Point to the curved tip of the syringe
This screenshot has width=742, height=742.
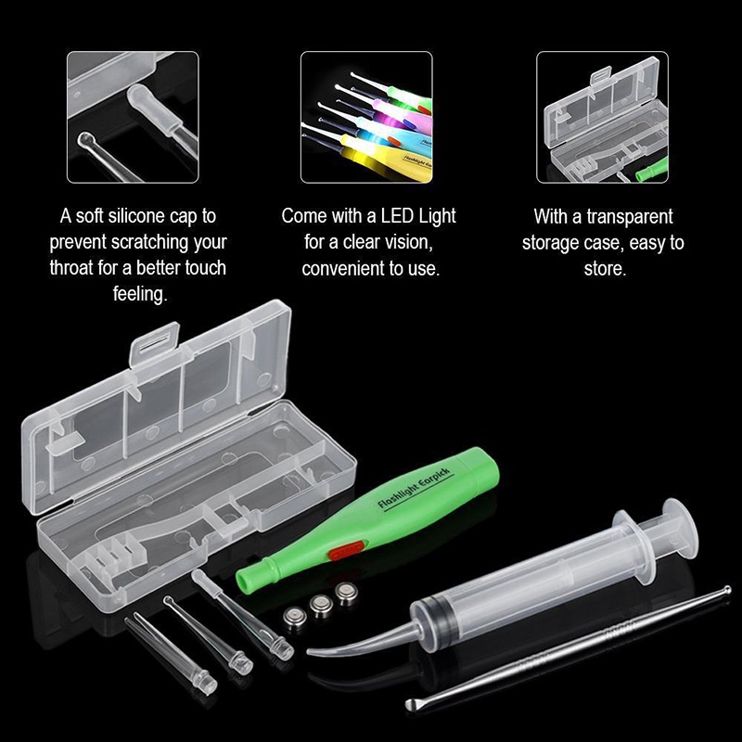(320, 651)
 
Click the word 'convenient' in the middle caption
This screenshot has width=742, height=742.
(342, 268)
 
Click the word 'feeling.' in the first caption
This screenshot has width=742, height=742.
(137, 295)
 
